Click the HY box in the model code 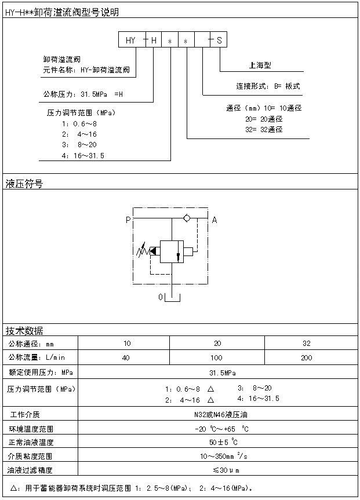(x=130, y=41)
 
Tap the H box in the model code (x=154, y=41)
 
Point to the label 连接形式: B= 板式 (x=268, y=86)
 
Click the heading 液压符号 (x=24, y=184)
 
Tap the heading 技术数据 (x=24, y=331)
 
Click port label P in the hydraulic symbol (x=128, y=220)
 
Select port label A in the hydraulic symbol (x=214, y=220)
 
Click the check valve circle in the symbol (x=186, y=218)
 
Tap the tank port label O (x=161, y=297)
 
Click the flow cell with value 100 (x=216, y=357)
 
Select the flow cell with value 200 (x=307, y=357)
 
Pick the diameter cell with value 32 (x=307, y=343)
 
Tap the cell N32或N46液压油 (x=217, y=415)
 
